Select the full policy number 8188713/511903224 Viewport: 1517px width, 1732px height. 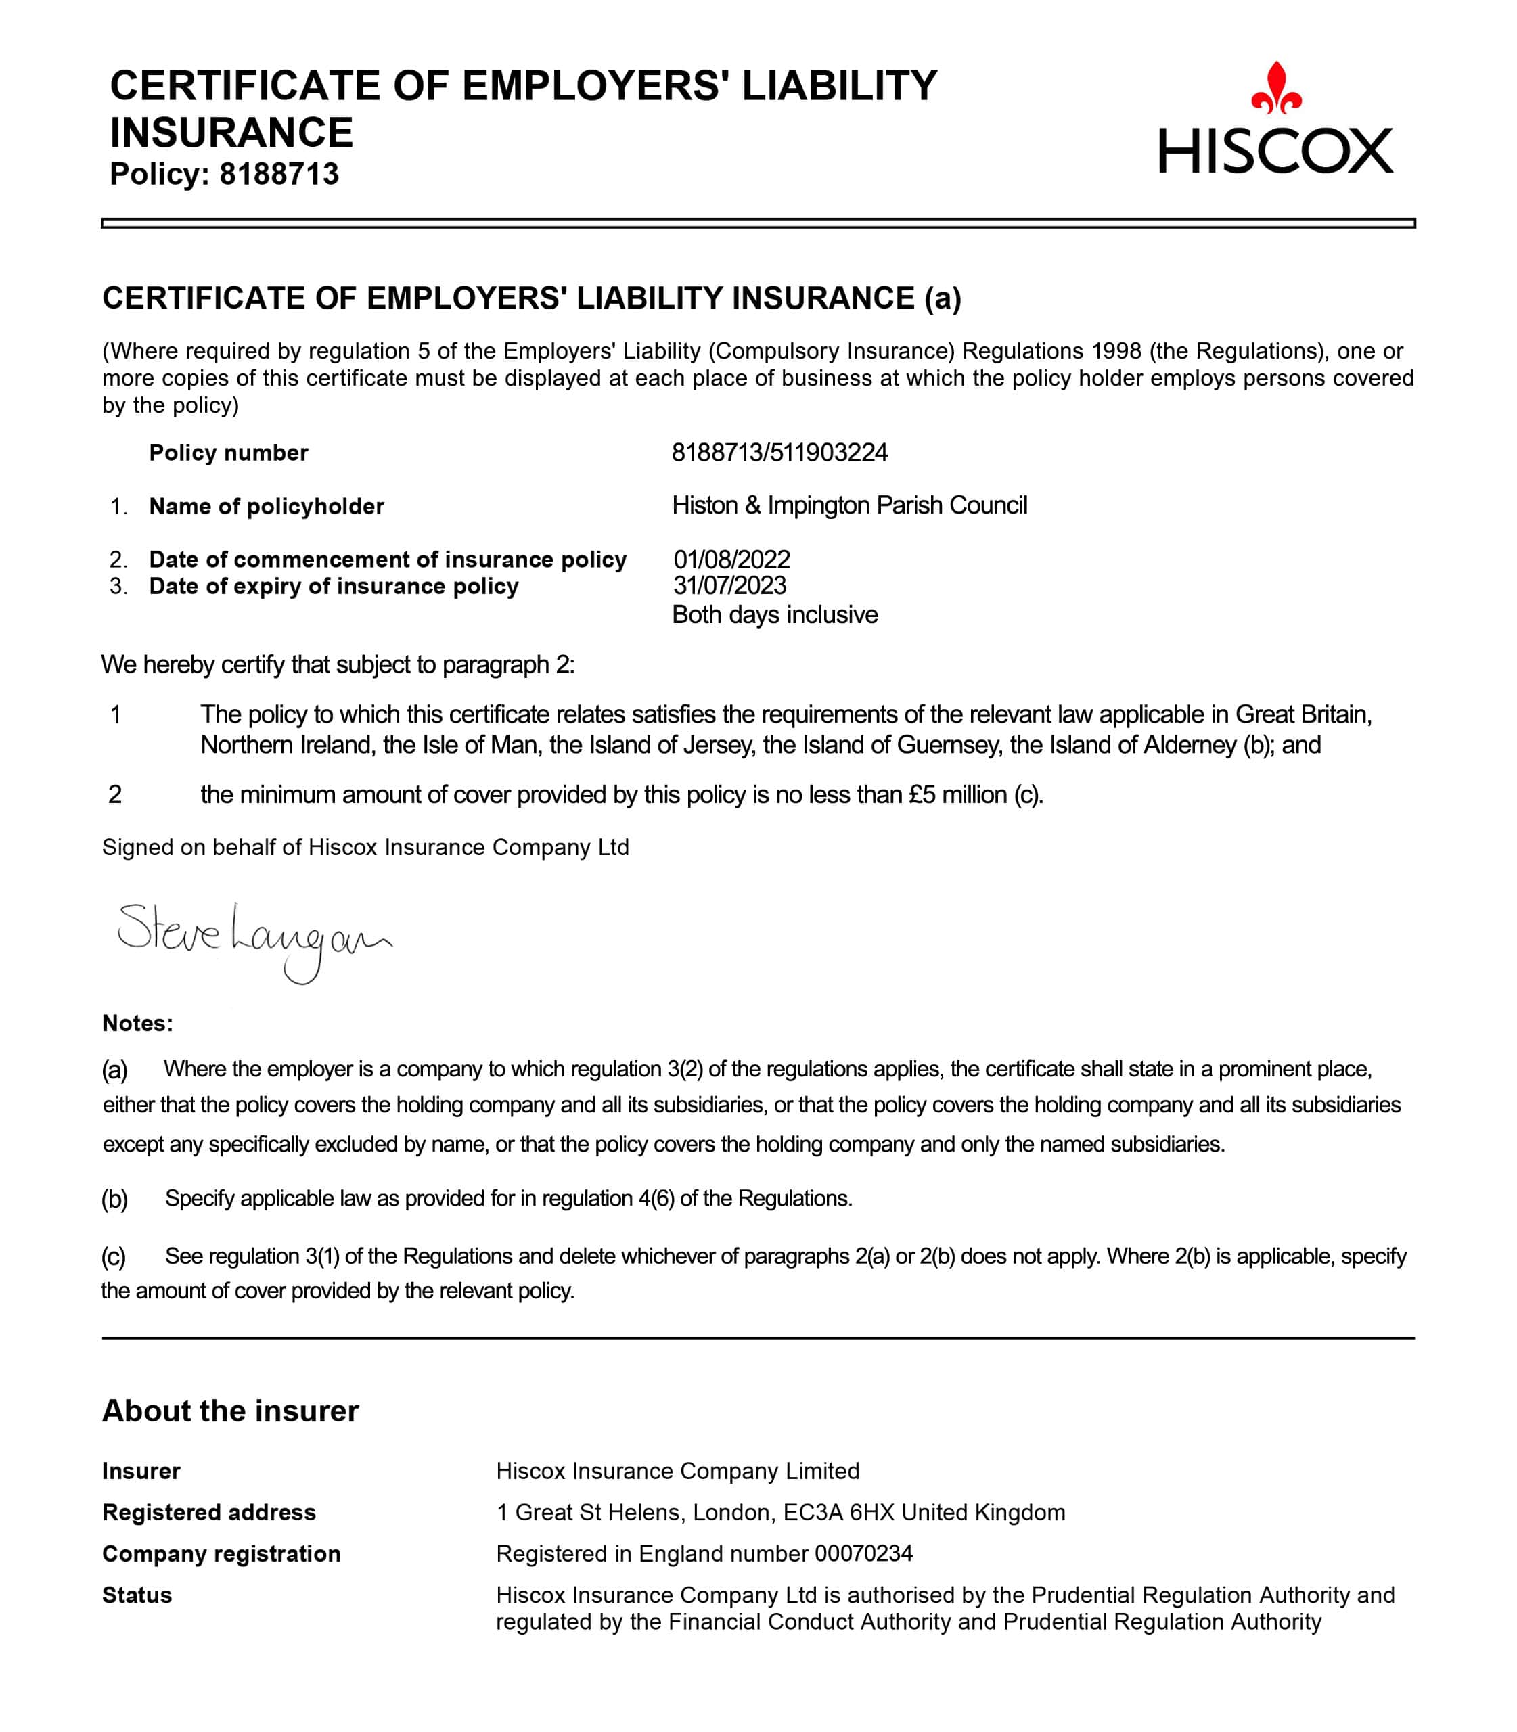779,453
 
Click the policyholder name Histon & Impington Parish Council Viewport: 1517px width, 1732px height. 849,505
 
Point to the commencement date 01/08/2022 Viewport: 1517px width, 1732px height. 731,560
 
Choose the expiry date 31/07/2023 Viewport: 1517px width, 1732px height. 729,586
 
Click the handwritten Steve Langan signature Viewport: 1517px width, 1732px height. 253,939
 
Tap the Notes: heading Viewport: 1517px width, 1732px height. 137,1024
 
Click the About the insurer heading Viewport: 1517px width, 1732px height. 230,1411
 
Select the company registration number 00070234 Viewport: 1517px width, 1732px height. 863,1553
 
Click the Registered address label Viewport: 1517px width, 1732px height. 209,1512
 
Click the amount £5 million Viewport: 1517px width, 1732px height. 957,795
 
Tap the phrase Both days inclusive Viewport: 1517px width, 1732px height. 775,614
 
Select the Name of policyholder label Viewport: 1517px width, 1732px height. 267,506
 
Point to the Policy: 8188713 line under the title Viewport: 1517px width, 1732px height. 225,174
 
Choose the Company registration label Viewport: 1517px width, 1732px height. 221,1553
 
